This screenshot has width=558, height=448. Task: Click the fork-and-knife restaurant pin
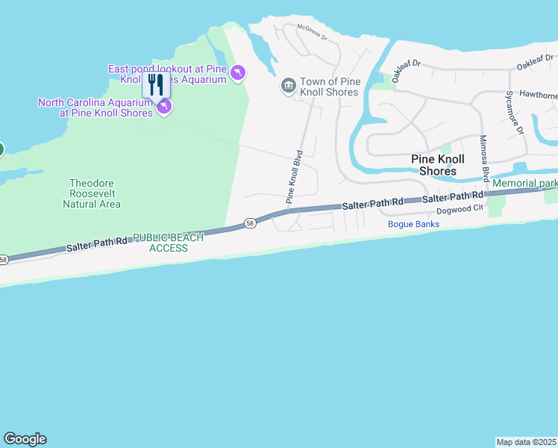tap(156, 84)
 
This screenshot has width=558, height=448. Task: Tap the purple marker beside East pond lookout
tap(237, 72)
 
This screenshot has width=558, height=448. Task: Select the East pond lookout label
tap(167, 74)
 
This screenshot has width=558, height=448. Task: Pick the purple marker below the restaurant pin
tap(163, 108)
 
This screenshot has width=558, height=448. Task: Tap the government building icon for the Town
tap(289, 87)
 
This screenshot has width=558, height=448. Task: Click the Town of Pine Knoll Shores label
tap(329, 87)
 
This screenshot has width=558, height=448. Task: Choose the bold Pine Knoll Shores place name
tap(438, 165)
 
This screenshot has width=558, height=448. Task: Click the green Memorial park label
tap(524, 183)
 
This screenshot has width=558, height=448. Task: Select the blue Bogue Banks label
tap(413, 224)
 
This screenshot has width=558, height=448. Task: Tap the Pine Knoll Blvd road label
tap(295, 178)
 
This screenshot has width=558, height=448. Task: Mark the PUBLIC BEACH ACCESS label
tap(168, 243)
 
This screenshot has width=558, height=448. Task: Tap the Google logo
tap(25, 439)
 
